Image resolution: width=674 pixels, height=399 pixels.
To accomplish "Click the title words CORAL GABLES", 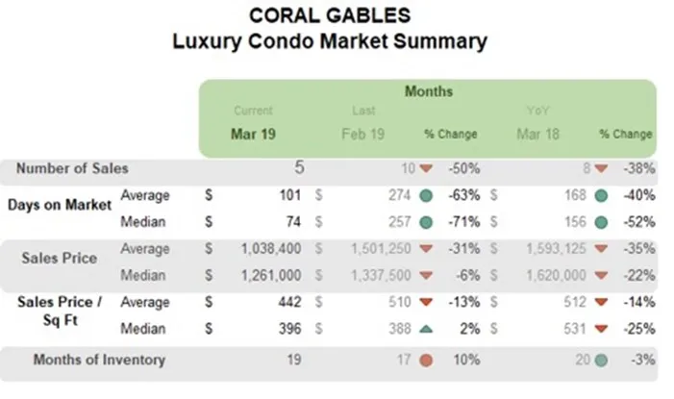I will (329, 15).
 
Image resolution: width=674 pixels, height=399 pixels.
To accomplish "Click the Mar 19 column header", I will (253, 134).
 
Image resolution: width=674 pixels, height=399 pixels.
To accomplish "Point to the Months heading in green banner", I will (428, 91).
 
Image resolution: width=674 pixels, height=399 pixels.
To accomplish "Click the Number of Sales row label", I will (71, 168).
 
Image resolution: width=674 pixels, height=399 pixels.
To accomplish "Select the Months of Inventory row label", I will (99, 361).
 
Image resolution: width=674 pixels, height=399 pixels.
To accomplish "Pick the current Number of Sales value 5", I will (299, 168).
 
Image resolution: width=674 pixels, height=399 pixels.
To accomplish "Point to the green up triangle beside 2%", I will (426, 329).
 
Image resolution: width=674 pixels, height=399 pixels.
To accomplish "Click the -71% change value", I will (464, 221).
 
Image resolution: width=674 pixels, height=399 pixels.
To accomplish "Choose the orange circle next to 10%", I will (426, 362).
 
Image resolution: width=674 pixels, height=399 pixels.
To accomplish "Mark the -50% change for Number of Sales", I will (464, 168).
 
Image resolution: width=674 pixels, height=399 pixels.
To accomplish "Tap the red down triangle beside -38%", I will (600, 168).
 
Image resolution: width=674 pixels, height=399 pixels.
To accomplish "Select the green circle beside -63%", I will (426, 196).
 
